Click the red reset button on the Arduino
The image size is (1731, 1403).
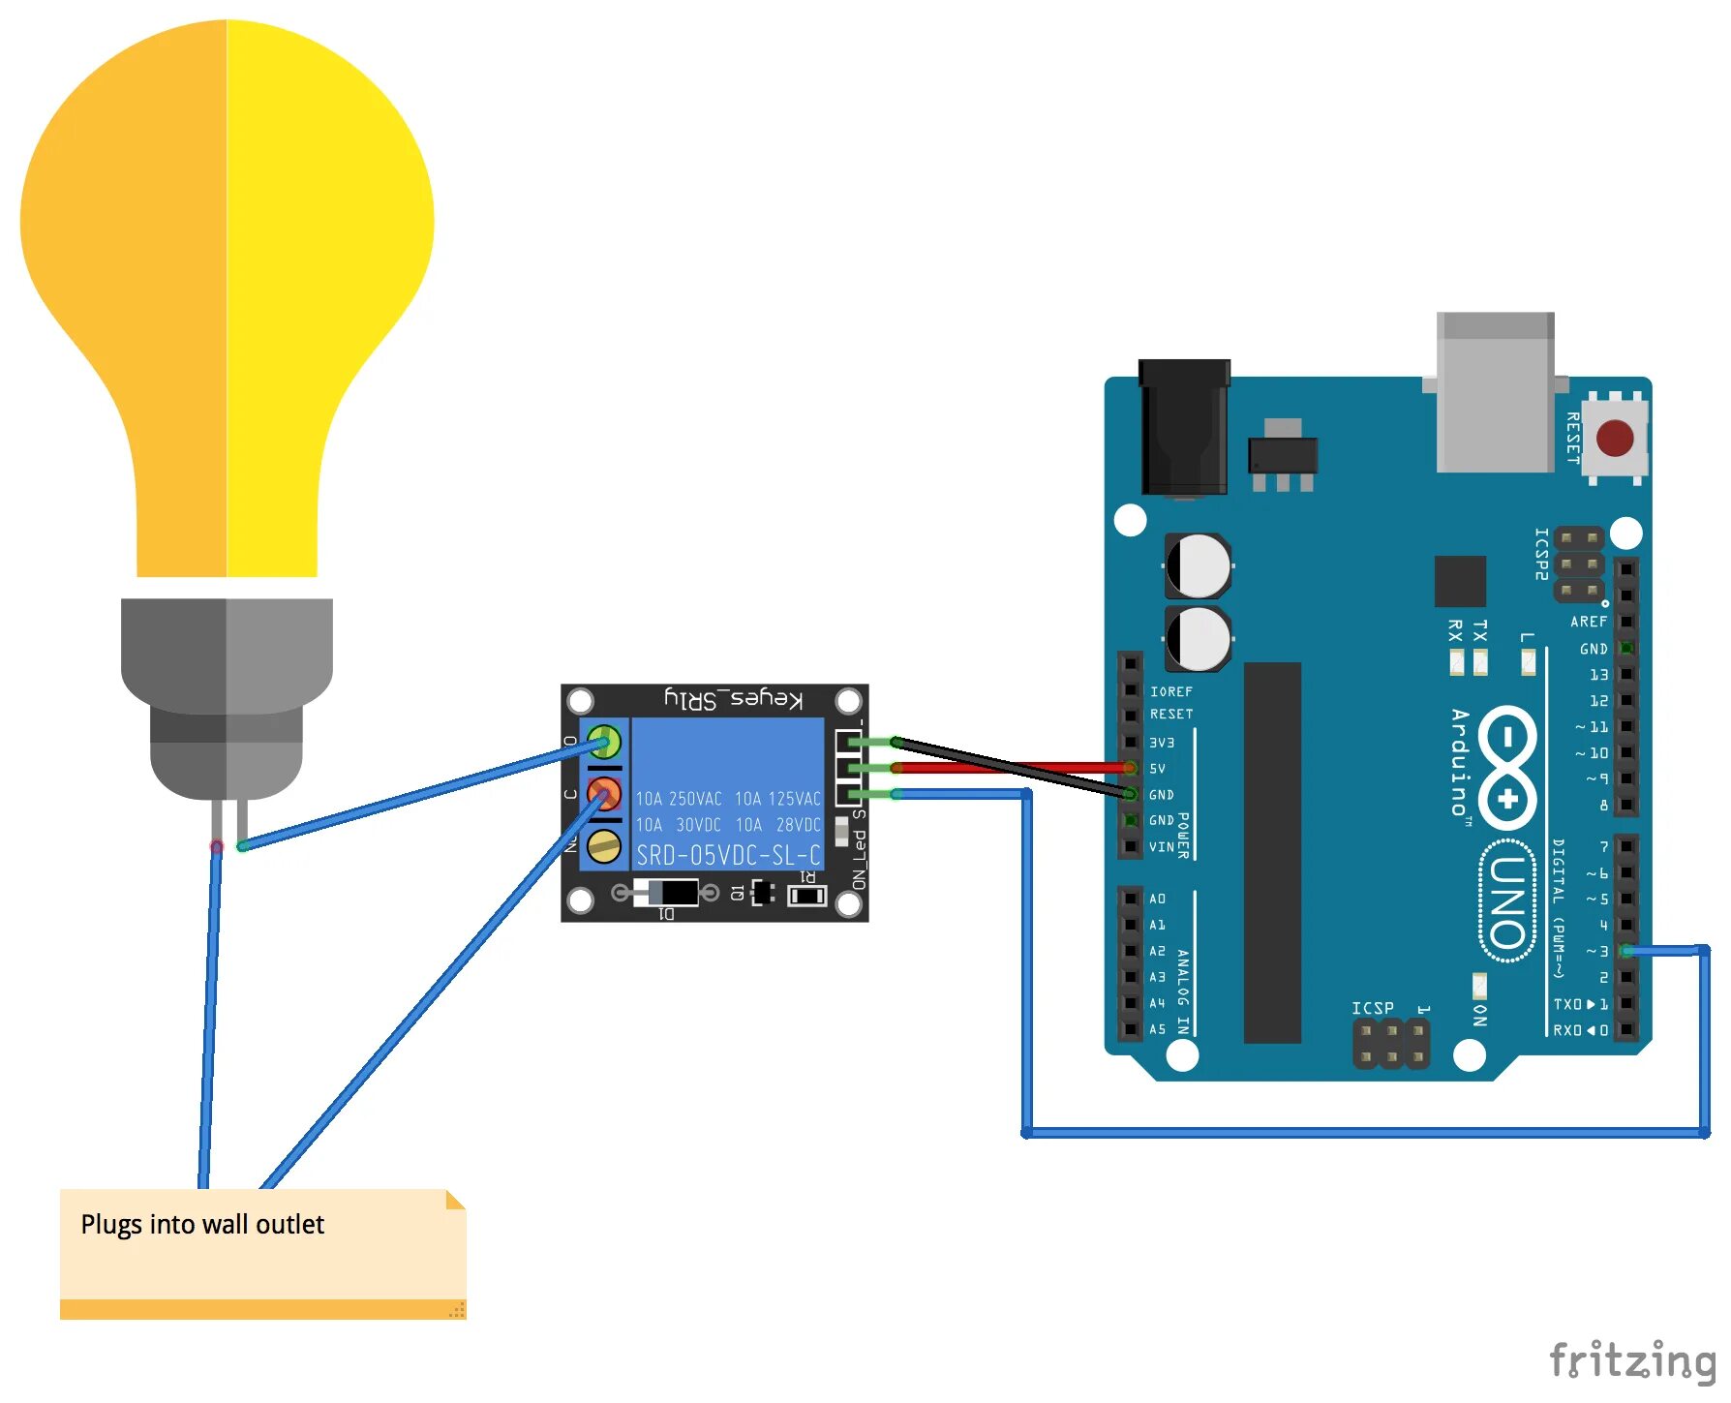tap(1614, 438)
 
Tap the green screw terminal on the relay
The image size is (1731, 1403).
tap(604, 743)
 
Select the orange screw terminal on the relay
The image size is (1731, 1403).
tap(604, 794)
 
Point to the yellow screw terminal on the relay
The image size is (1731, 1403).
tap(604, 846)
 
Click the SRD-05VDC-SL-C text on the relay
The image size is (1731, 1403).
tap(728, 855)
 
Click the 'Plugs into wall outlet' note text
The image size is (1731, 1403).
tap(202, 1225)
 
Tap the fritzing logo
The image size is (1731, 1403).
tap(1632, 1360)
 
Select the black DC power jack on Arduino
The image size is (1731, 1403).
tap(1183, 426)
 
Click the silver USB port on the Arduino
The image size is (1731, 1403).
tap(1495, 391)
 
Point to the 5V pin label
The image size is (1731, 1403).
tap(1158, 769)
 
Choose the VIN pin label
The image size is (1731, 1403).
tap(1162, 847)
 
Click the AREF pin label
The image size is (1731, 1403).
tap(1589, 622)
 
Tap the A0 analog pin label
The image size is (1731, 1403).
tap(1158, 900)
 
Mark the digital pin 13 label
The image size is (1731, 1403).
tap(1598, 675)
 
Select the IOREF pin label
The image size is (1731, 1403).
tap(1171, 691)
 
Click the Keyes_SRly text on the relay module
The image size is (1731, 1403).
tap(733, 699)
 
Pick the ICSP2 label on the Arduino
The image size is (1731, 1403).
tap(1542, 554)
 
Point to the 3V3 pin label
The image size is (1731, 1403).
tap(1162, 743)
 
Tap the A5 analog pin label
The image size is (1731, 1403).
tap(1158, 1029)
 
